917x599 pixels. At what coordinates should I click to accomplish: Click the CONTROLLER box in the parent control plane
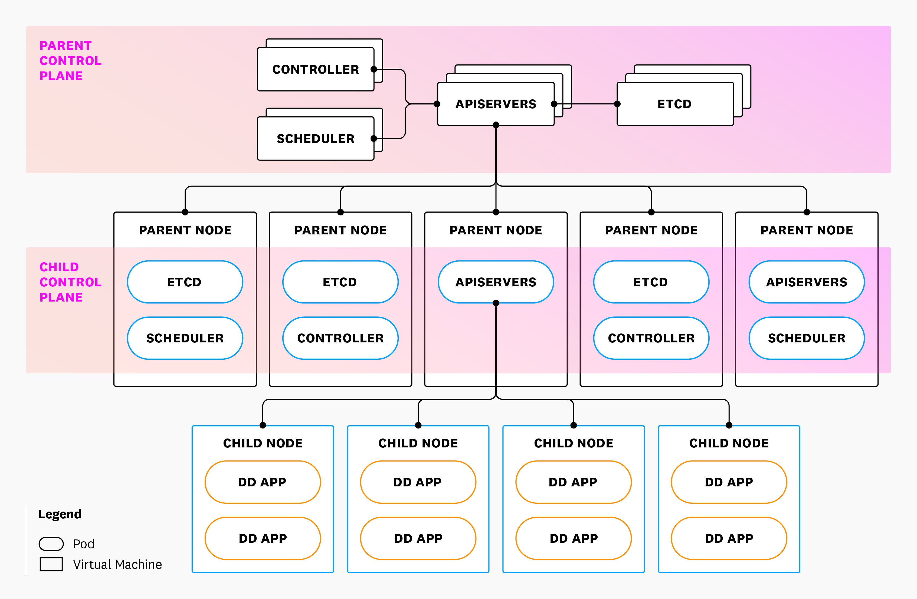point(315,69)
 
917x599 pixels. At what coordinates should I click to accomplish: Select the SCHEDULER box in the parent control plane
point(315,139)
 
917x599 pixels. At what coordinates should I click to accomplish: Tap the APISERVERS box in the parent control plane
point(496,104)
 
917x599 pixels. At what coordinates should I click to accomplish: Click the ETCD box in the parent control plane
point(675,104)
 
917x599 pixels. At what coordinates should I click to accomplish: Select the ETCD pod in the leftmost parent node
point(185,282)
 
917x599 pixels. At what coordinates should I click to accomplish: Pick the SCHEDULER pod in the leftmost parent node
point(185,338)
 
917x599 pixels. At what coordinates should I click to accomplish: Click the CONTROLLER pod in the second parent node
point(340,338)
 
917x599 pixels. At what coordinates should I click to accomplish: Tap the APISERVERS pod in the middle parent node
point(496,282)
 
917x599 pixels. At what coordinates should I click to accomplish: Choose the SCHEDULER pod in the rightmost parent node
point(806,338)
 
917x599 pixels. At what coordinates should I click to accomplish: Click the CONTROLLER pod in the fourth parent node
point(651,338)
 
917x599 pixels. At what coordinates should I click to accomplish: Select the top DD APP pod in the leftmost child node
point(262,482)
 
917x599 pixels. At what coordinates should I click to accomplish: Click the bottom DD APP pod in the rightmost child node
point(729,538)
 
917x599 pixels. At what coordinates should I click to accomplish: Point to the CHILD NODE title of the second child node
point(418,443)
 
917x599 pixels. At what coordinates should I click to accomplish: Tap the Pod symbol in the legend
point(51,544)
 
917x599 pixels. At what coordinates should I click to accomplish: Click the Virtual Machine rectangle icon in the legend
point(51,564)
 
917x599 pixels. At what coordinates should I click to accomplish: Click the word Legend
point(60,514)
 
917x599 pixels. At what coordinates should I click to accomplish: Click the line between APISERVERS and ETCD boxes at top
point(593,104)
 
